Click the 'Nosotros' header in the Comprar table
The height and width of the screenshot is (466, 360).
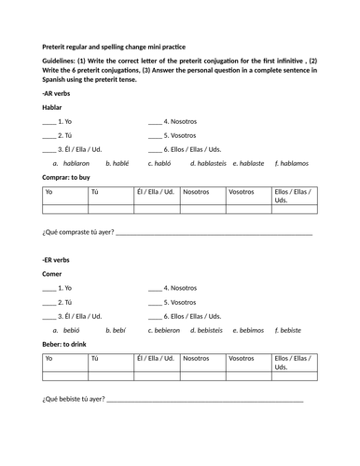click(196, 192)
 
